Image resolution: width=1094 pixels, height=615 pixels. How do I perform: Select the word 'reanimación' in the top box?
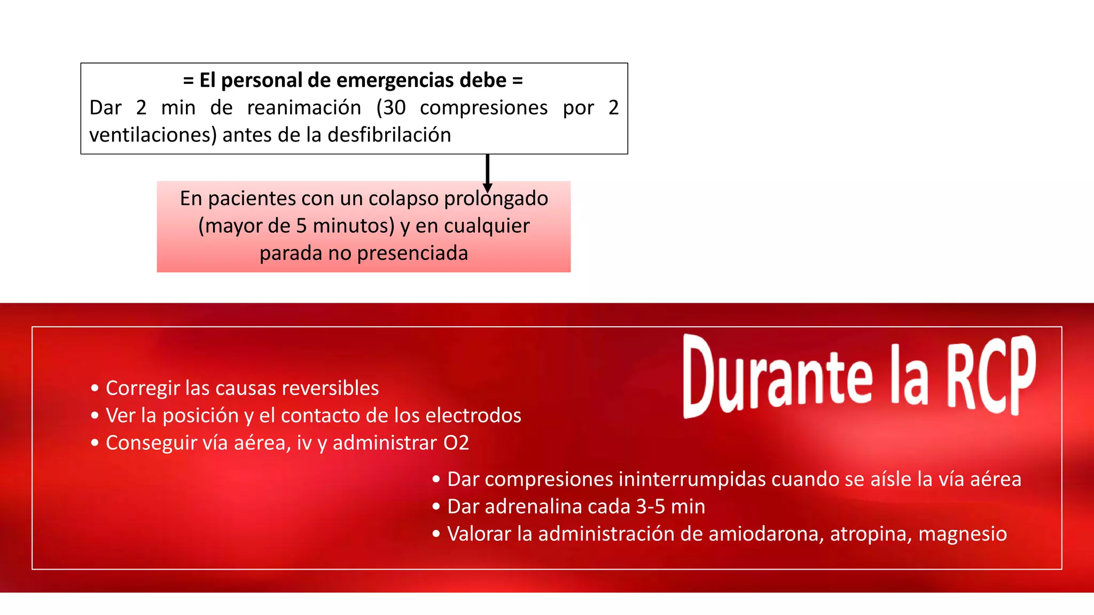[304, 108]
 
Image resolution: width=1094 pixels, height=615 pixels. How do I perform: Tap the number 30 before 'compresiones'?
[395, 108]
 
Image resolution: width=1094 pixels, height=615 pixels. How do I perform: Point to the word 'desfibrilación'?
[389, 135]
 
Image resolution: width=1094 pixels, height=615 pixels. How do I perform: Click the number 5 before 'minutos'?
[301, 226]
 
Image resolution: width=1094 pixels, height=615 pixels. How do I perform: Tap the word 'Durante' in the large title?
[778, 376]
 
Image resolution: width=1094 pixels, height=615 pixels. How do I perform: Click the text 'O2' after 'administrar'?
[456, 443]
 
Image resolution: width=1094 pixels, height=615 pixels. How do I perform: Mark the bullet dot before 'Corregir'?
[95, 388]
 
